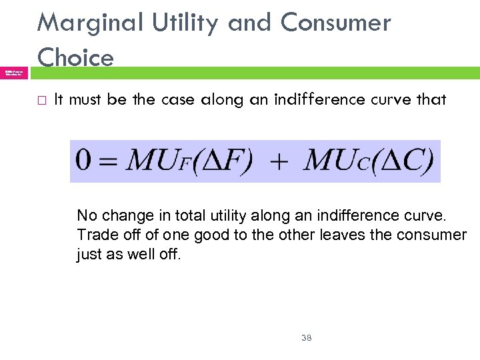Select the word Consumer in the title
pyautogui.click(x=335, y=23)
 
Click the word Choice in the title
pyautogui.click(x=75, y=57)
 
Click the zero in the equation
pyautogui.click(x=84, y=161)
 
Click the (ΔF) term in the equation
pyautogui.click(x=226, y=161)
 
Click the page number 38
pyautogui.click(x=307, y=338)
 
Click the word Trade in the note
pyautogui.click(x=95, y=235)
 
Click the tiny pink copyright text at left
pyautogui.click(x=13, y=72)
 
